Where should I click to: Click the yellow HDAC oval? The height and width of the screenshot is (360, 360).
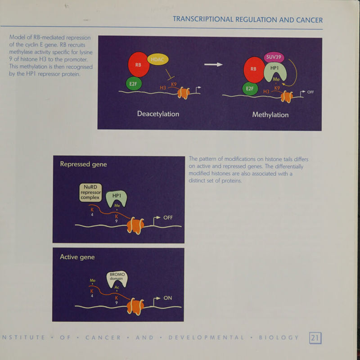[158, 59]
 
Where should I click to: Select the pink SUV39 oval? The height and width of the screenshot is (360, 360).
[274, 58]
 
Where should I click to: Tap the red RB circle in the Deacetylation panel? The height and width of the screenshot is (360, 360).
[139, 64]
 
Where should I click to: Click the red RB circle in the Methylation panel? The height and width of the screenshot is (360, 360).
[254, 70]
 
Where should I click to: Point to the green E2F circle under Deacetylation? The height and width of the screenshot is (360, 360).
[134, 84]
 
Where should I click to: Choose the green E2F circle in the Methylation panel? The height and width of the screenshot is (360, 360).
[250, 89]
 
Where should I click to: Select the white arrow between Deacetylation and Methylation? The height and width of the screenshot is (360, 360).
[213, 64]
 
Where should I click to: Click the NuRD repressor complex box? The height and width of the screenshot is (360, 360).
[91, 193]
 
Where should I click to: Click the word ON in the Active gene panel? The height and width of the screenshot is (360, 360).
[167, 298]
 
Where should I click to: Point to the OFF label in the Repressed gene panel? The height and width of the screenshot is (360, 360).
[168, 217]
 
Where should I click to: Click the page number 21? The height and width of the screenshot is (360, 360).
[315, 338]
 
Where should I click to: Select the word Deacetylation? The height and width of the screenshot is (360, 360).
[158, 114]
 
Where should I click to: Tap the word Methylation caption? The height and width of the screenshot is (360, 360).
[270, 115]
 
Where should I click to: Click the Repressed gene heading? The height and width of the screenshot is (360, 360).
[83, 164]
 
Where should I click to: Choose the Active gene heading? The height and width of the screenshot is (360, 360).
[77, 257]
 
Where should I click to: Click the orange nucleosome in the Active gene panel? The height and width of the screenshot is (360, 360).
[135, 306]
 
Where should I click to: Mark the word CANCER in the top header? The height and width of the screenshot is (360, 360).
[309, 20]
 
